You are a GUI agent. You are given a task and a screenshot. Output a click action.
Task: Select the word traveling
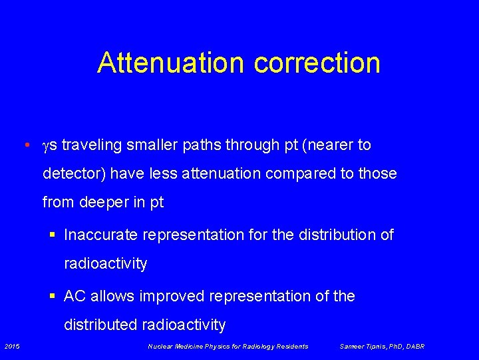[x=89, y=145]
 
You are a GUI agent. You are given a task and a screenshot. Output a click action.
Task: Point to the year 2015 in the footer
[x=12, y=346]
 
